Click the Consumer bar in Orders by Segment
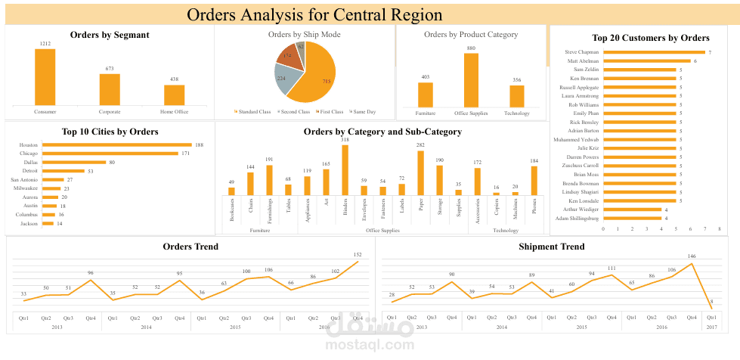tap(45, 77)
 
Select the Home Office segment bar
tap(175, 95)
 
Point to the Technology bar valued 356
tap(517, 96)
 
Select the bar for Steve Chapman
tap(654, 52)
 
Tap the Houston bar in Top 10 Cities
tap(116, 144)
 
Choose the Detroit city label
tap(29, 171)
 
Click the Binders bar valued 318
tap(345, 170)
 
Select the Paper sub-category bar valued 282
tap(420, 173)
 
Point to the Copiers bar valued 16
tap(496, 194)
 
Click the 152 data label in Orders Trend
tap(358, 255)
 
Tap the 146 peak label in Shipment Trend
tap(691, 256)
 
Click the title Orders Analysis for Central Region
tap(315, 14)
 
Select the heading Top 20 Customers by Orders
tap(650, 38)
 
